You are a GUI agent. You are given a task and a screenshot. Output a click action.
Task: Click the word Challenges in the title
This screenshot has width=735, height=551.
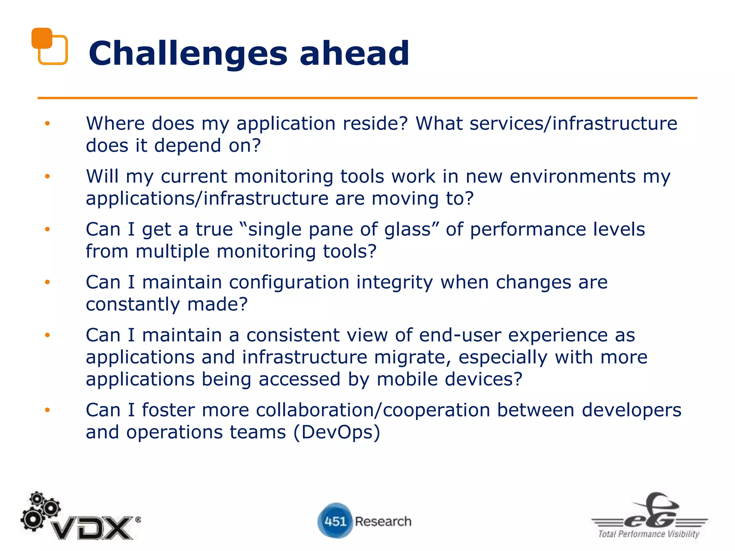[188, 54]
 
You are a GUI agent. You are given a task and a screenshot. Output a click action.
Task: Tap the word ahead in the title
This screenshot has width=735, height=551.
[354, 54]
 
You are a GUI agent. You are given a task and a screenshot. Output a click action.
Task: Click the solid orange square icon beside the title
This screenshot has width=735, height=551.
[42, 38]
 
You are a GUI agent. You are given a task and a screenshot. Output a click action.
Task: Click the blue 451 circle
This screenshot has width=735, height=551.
[335, 521]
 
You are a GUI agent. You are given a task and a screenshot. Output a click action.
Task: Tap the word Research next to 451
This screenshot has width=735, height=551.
[383, 521]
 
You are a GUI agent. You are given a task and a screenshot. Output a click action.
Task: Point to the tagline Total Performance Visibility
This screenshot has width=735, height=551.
[649, 534]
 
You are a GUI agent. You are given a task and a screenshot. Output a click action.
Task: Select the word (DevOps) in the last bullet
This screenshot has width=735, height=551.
[337, 432]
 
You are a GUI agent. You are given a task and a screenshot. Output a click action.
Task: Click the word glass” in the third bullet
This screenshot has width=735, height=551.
[412, 229]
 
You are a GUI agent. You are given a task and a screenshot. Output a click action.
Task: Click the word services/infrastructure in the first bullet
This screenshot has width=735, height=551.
[573, 123]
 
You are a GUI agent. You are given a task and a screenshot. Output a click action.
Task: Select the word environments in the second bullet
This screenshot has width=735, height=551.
[572, 176]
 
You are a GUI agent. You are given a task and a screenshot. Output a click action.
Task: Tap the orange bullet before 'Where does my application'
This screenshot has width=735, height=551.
[47, 124]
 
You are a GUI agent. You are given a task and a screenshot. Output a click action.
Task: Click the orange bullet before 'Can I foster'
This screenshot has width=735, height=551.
[47, 410]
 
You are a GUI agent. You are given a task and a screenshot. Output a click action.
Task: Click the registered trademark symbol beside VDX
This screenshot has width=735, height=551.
[138, 519]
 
